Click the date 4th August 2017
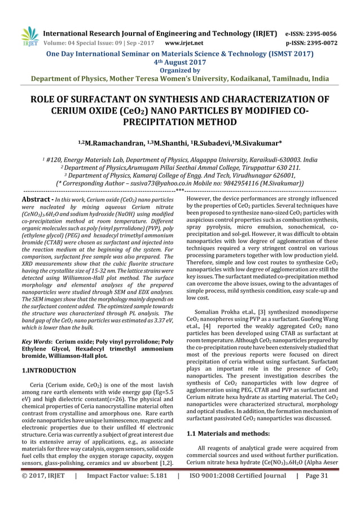pos(180,62)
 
